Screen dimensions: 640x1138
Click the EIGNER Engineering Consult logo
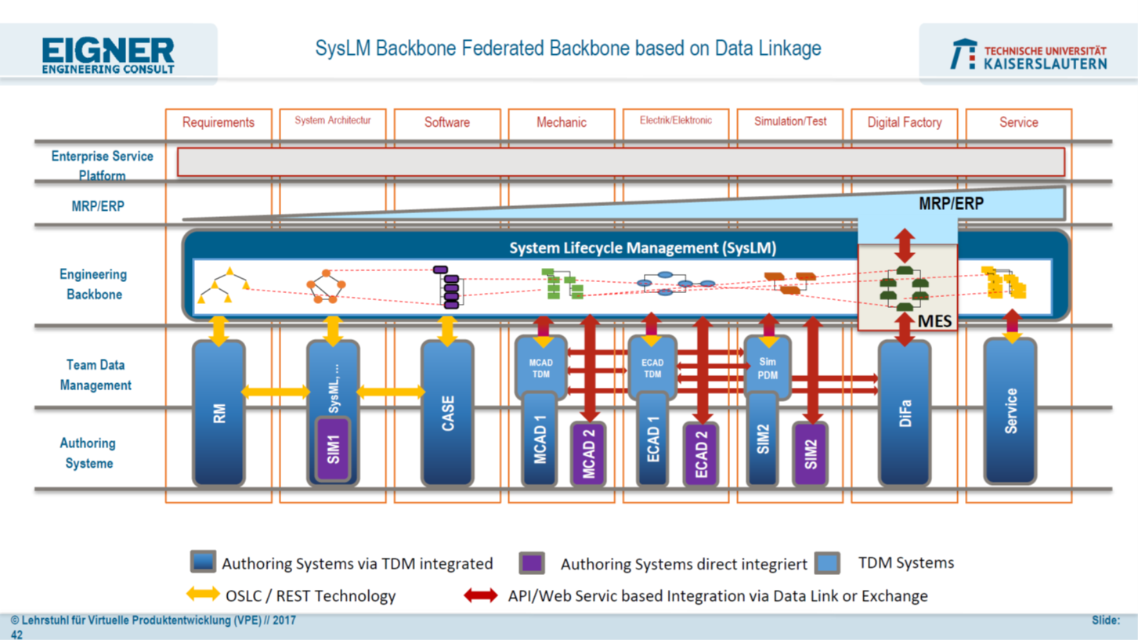point(107,55)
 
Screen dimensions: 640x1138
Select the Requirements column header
point(218,122)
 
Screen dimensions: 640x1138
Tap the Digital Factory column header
point(904,122)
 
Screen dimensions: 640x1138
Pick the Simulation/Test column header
point(789,121)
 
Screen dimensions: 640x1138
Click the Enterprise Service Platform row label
point(102,165)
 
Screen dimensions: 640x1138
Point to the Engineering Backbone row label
point(93,284)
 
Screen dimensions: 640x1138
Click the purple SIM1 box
point(334,449)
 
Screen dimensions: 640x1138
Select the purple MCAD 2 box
point(588,454)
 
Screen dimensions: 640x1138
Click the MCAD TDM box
point(540,367)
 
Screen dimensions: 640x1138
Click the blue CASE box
point(447,413)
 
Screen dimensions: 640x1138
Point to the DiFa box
point(905,413)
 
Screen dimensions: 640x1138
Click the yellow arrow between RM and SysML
point(275,392)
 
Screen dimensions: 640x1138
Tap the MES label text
point(934,321)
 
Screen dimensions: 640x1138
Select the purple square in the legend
point(532,562)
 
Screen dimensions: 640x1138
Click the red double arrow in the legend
point(480,595)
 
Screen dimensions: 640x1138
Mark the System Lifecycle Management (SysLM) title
point(641,248)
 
